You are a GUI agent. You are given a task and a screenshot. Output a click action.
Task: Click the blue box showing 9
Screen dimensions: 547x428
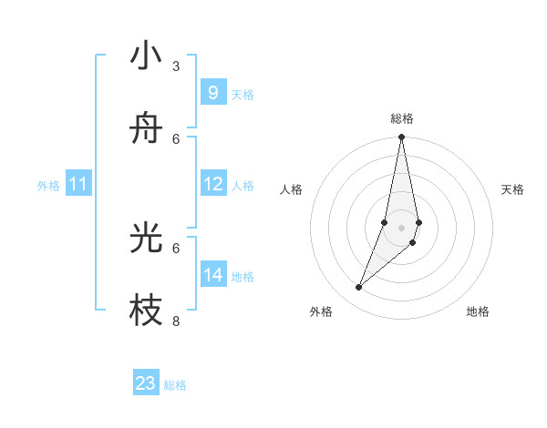tap(212, 93)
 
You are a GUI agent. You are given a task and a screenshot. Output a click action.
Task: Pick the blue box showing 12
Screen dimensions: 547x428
tap(213, 185)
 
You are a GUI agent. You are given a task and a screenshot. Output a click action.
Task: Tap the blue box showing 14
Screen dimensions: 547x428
tap(213, 274)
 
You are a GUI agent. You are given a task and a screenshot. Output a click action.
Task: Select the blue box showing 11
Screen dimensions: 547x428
tap(78, 185)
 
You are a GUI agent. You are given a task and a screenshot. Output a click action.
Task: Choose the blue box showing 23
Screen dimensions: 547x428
tap(146, 383)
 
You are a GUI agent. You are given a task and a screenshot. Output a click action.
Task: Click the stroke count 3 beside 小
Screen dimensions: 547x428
tap(176, 66)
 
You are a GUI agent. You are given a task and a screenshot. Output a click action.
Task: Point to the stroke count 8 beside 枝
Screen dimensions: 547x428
tap(176, 321)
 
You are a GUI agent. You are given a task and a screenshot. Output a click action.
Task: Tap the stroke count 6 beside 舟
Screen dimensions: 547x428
tap(176, 138)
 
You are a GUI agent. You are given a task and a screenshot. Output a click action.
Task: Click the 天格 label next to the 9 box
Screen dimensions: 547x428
tap(243, 95)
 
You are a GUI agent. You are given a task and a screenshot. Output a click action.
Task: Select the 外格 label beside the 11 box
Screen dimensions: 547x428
tap(48, 186)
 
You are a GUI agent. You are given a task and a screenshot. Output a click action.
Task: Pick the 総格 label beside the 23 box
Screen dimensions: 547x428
tap(175, 385)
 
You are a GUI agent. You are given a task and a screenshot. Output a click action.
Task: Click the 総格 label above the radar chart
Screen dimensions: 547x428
tap(401, 118)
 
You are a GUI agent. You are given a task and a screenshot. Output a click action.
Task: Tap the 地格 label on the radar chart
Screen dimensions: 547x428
tap(478, 311)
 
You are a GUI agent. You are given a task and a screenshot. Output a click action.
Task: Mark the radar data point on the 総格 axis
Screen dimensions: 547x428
tap(401, 138)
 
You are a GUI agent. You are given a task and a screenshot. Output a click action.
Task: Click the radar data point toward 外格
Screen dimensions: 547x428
tap(359, 288)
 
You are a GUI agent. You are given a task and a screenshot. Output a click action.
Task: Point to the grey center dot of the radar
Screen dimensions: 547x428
tap(401, 228)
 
